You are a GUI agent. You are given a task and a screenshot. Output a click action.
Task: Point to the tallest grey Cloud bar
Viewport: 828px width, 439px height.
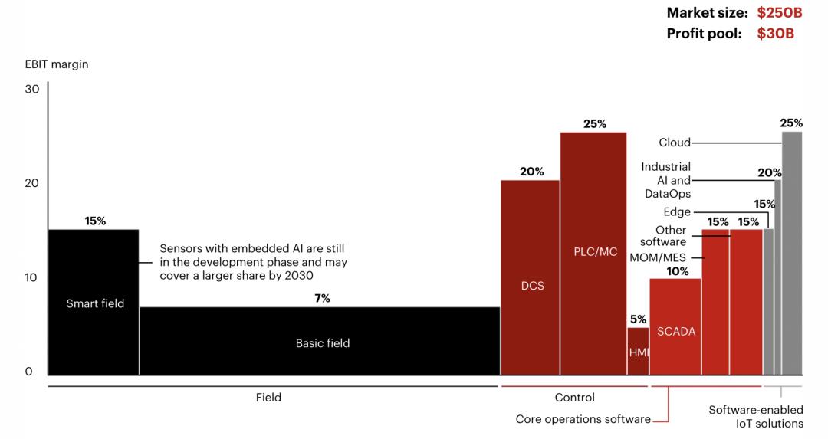click(x=792, y=253)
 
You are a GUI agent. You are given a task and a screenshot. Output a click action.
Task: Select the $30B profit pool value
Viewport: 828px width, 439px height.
click(x=774, y=34)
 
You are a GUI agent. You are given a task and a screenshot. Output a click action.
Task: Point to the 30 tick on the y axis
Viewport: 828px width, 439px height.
click(x=32, y=89)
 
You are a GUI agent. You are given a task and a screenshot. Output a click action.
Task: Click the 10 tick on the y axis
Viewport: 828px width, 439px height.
click(x=32, y=277)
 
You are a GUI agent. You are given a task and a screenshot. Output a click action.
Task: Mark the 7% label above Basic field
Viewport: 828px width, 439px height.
click(x=322, y=298)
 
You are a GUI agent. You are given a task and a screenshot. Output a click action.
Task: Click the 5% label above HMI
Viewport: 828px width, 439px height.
click(x=638, y=319)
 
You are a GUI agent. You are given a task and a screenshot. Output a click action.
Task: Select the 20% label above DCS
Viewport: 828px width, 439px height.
click(x=531, y=172)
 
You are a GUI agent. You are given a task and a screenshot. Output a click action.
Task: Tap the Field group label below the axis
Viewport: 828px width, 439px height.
click(x=268, y=398)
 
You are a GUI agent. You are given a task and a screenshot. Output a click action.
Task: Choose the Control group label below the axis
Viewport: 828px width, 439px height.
click(x=574, y=398)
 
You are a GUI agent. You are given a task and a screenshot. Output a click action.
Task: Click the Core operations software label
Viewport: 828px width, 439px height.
click(x=583, y=419)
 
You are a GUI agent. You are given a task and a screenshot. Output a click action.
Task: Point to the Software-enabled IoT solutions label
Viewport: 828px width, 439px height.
click(x=755, y=417)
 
